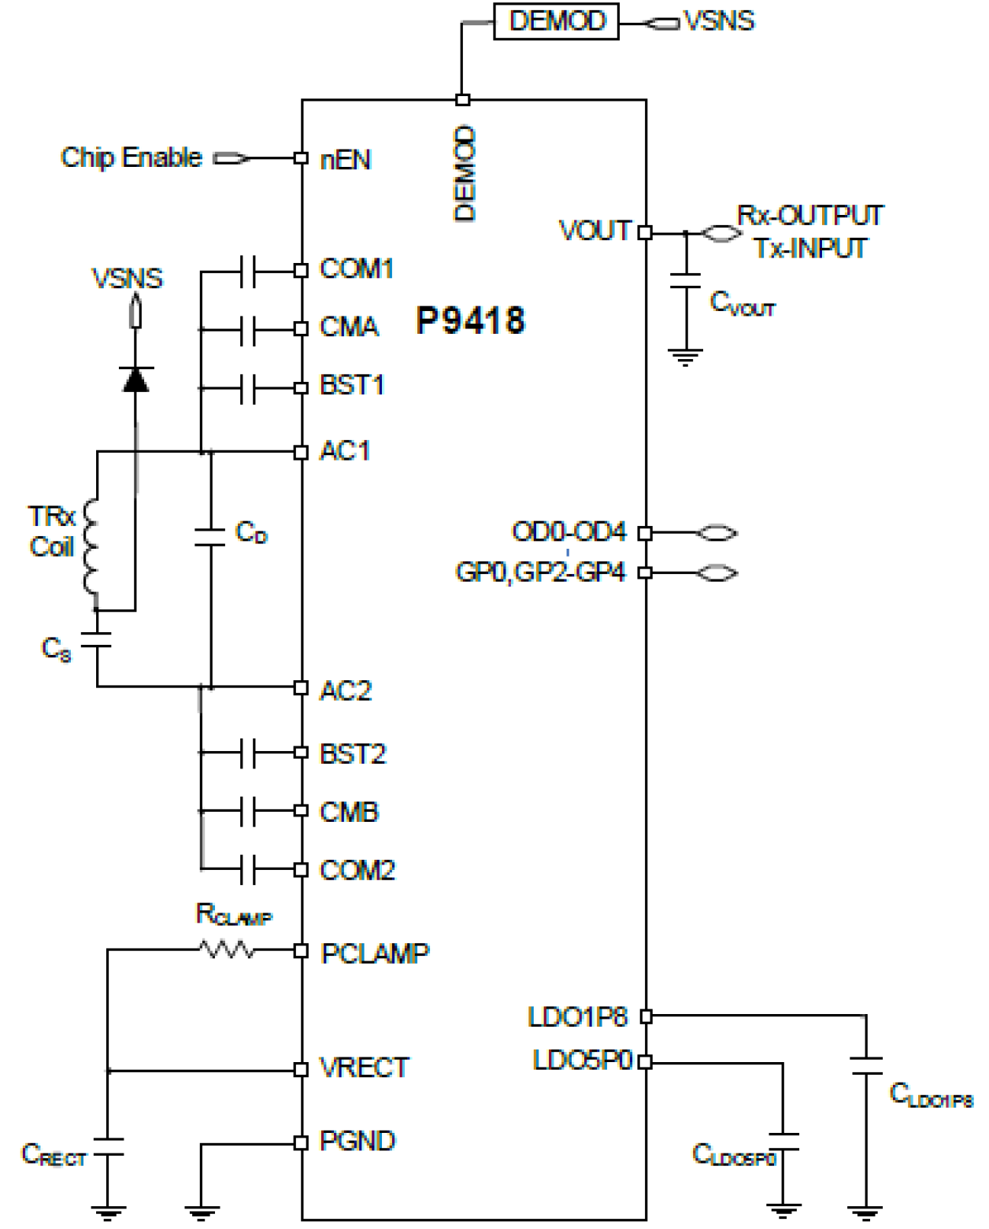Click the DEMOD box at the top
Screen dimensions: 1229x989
(x=556, y=21)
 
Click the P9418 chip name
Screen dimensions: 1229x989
(x=470, y=320)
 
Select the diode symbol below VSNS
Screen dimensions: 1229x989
(x=136, y=379)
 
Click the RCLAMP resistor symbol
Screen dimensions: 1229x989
(x=228, y=950)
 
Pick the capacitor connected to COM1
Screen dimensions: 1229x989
(x=247, y=272)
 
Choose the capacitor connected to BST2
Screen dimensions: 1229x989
(x=247, y=753)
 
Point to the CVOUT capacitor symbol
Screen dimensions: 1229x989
(x=686, y=281)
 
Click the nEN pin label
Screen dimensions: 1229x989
(x=345, y=160)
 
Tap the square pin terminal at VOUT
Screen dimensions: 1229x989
(x=645, y=232)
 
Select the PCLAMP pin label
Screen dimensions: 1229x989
(x=375, y=953)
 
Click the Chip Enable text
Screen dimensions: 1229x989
(x=131, y=157)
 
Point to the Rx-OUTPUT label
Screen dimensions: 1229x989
(x=809, y=216)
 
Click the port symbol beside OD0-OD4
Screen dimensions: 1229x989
(x=717, y=533)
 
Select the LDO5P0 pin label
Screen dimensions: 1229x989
(x=583, y=1061)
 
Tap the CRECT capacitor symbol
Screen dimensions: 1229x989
(x=108, y=1146)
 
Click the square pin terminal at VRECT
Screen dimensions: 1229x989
(x=301, y=1069)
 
